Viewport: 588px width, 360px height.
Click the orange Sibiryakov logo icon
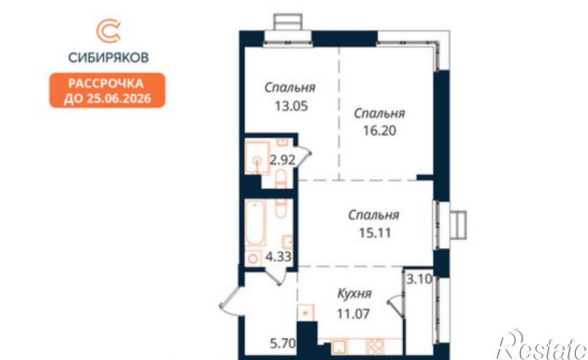point(108,32)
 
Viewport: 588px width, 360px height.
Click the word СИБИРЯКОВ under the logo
point(109,58)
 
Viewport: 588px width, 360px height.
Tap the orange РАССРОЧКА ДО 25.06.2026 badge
point(107,90)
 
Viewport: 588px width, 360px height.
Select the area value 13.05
point(291,106)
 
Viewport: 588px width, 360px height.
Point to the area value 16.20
point(380,131)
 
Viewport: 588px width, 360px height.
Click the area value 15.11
point(375,233)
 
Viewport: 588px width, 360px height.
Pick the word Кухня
point(354,294)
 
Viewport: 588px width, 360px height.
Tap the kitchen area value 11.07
point(354,314)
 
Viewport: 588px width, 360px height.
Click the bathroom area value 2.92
point(283,161)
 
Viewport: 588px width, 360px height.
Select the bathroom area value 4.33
point(279,257)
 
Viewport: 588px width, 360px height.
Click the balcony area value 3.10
point(419,280)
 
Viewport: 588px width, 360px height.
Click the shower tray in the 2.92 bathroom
point(257,158)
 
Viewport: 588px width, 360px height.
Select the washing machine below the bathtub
point(254,258)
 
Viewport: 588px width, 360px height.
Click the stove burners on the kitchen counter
point(375,346)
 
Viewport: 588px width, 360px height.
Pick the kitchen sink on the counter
point(339,346)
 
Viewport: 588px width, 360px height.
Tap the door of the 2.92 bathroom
point(303,157)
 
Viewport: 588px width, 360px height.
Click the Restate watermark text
point(543,345)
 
